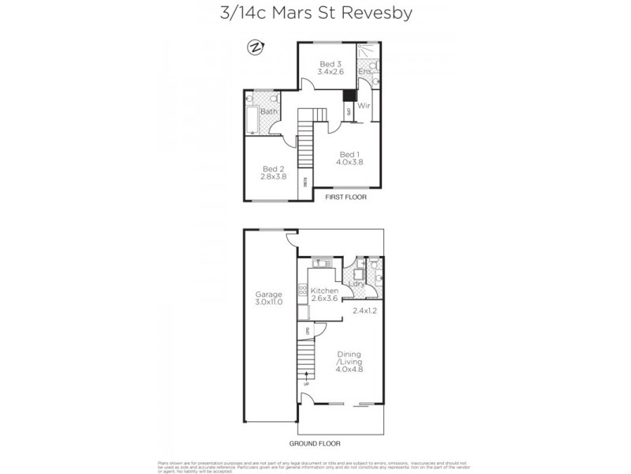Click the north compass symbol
point(256,47)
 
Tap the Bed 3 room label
point(330,64)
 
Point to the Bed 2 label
point(272,168)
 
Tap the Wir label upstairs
point(364,105)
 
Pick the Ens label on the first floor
point(364,72)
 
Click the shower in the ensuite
point(367,53)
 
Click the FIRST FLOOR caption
point(346,197)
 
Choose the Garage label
point(268,294)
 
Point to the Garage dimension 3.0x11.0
point(268,303)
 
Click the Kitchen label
point(323,291)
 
